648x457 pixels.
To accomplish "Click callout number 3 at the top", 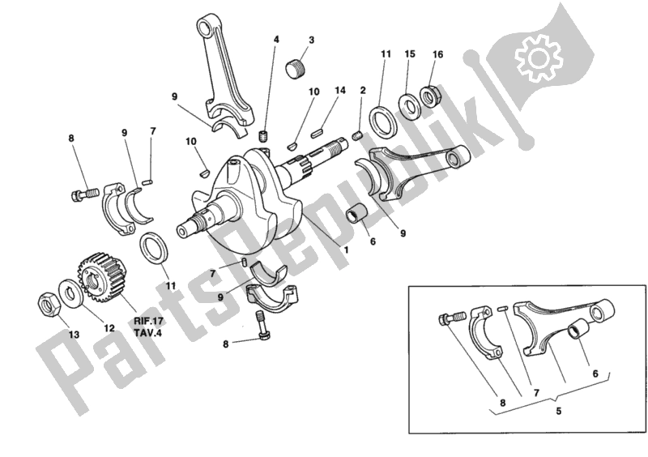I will pos(311,40).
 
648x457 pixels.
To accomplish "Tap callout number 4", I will pos(275,40).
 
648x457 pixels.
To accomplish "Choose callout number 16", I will pos(438,54).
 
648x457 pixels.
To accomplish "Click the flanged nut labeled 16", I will pos(429,92).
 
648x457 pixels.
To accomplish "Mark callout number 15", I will pos(410,54).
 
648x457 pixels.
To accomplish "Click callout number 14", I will pos(339,90).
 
